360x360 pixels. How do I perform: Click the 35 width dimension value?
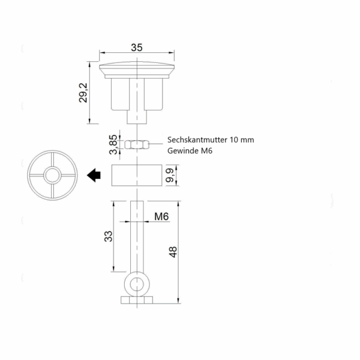click(137, 47)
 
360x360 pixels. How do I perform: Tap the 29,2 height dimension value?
click(83, 93)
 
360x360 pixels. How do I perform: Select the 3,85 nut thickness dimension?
click(113, 145)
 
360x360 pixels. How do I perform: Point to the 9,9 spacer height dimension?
click(170, 175)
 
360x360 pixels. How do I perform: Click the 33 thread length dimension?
click(109, 236)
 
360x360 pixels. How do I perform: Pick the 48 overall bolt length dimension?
click(173, 252)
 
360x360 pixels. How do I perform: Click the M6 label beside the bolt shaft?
click(161, 217)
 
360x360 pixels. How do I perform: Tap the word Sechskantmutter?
click(197, 140)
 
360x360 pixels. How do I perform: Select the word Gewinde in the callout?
click(183, 151)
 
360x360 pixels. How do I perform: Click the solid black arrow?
click(94, 175)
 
